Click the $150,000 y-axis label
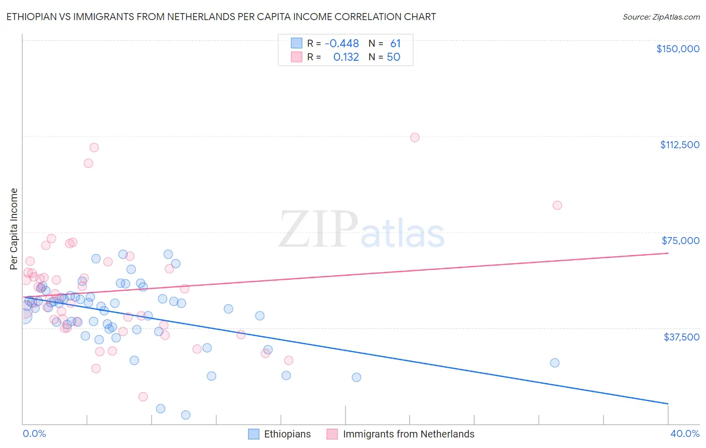[677, 49]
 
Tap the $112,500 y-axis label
[679, 145]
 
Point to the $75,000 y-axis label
[680, 241]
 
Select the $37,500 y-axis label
[681, 337]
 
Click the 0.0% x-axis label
[34, 434]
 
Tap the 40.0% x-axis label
[684, 434]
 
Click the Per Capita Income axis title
[14, 229]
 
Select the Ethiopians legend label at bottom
[287, 434]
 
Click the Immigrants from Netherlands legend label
[408, 434]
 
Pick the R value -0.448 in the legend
[342, 44]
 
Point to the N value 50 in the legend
[393, 57]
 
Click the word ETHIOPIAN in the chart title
[34, 17]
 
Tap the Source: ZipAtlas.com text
[661, 17]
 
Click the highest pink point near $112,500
[415, 138]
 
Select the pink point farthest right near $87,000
[557, 205]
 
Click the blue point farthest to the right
[554, 363]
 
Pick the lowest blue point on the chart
[185, 415]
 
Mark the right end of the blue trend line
[668, 403]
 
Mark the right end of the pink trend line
[668, 253]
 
